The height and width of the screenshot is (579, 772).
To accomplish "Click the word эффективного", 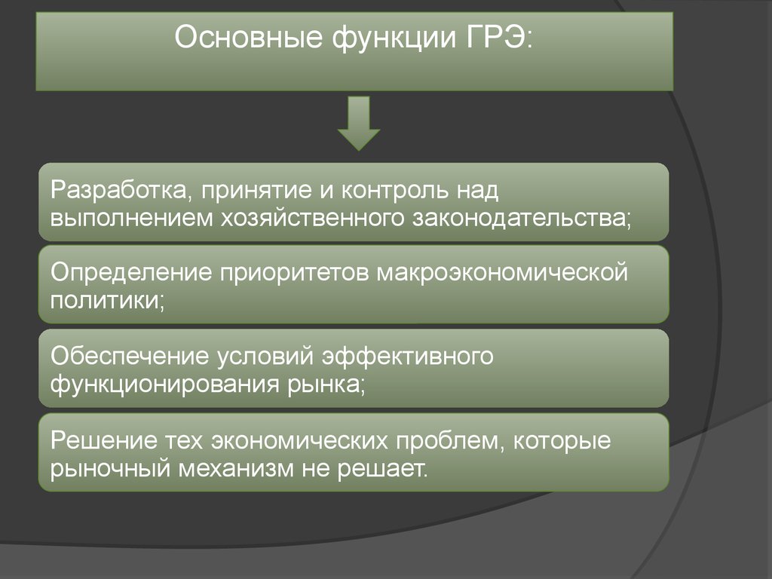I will (x=408, y=356).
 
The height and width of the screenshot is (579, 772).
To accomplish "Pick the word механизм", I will (x=237, y=469).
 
